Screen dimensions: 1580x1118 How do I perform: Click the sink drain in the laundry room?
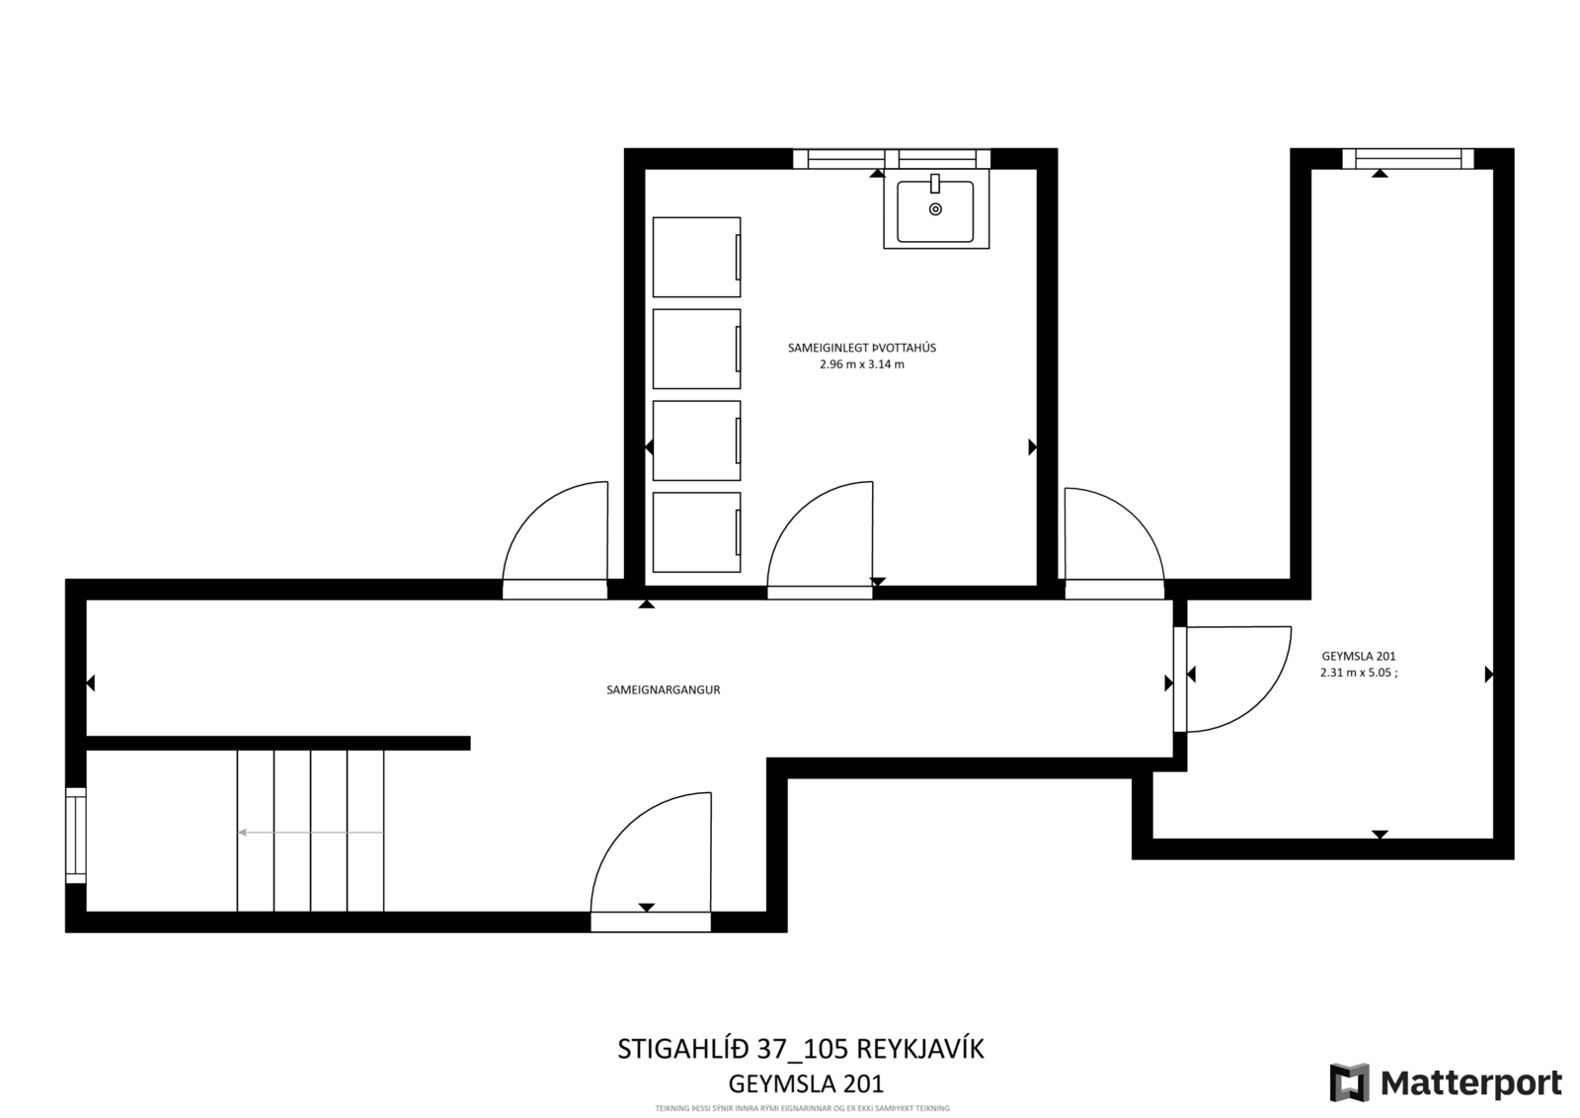pos(935,208)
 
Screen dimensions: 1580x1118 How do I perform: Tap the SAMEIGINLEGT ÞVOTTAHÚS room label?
pos(862,348)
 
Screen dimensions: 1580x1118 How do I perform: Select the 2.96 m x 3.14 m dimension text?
pos(862,364)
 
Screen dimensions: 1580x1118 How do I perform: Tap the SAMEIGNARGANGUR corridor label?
pos(663,689)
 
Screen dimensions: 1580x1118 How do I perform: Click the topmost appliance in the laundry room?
pos(697,257)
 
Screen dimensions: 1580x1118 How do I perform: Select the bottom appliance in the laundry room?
pos(697,532)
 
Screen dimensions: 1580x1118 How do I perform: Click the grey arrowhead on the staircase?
pos(242,833)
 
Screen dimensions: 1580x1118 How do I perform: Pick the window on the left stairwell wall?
pos(76,836)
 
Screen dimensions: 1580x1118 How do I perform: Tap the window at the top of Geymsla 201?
pos(1408,159)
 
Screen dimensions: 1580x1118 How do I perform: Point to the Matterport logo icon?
pos(1349,1082)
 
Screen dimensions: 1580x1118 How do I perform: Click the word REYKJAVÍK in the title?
pos(919,1049)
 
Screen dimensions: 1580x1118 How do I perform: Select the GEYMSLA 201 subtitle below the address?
pos(806,1082)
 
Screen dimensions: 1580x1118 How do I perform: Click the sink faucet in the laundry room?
pos(935,184)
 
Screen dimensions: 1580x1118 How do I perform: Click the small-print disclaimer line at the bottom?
pos(802,1108)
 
